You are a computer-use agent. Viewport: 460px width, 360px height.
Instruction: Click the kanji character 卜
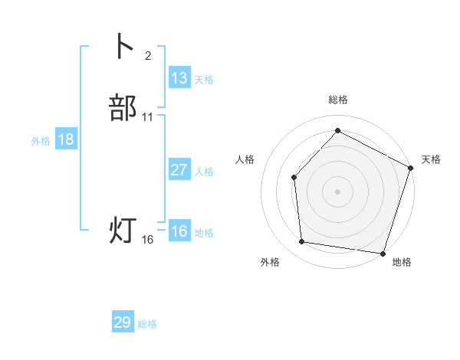(x=123, y=47)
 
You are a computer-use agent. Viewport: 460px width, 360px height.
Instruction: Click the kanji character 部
(x=123, y=108)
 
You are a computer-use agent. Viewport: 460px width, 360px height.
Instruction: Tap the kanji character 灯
(x=123, y=231)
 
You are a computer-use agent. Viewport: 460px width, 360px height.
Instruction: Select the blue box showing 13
(x=179, y=77)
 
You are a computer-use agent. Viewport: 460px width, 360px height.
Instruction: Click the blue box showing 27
(x=179, y=170)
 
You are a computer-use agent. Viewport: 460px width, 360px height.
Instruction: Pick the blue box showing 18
(x=66, y=139)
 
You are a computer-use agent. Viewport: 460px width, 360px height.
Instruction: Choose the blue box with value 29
(x=123, y=322)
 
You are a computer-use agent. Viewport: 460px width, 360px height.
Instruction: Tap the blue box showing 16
(x=179, y=231)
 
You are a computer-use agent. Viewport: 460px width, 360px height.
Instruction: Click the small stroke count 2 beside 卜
(x=148, y=55)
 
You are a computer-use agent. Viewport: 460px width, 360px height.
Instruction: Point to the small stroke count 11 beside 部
(x=148, y=117)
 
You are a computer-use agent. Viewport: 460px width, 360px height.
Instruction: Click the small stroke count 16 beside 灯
(x=148, y=240)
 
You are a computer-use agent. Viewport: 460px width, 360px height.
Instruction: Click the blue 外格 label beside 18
(x=41, y=141)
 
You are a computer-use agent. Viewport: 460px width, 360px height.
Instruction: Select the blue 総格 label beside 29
(x=147, y=325)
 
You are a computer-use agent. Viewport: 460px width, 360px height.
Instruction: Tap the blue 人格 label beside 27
(x=204, y=172)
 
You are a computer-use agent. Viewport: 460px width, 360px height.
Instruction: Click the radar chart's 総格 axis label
(x=337, y=100)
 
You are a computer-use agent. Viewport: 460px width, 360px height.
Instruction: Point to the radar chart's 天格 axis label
(x=431, y=159)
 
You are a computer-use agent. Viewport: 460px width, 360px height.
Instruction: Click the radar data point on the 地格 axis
(x=383, y=253)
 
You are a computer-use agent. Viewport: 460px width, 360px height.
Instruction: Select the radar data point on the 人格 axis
(x=294, y=178)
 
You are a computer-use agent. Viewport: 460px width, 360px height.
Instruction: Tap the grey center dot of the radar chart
(x=337, y=191)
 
